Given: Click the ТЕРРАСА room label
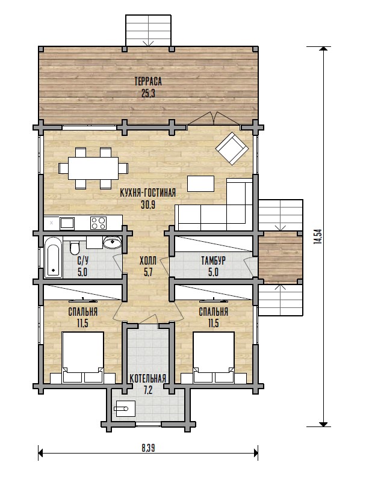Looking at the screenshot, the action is click(x=148, y=81).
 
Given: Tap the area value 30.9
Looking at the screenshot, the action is click(x=148, y=205).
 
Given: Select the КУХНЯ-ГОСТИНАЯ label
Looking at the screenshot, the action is click(x=148, y=193).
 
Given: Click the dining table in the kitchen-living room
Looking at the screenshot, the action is click(x=93, y=168).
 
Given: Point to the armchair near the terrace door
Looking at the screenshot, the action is click(x=232, y=148).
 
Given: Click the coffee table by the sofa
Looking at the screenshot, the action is click(x=201, y=183).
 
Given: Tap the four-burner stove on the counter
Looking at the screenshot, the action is click(x=98, y=223).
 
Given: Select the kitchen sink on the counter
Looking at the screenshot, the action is click(x=67, y=223).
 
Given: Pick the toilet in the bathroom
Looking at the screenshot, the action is click(x=75, y=248).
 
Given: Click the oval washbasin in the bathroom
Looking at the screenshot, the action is click(x=113, y=242).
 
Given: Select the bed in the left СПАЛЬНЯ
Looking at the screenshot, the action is click(x=82, y=357).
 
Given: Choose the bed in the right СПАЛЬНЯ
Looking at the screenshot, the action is click(x=214, y=357).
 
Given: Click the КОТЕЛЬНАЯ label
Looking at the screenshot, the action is click(x=148, y=378).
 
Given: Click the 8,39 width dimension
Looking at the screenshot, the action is click(x=148, y=448).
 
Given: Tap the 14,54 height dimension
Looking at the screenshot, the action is click(x=318, y=236).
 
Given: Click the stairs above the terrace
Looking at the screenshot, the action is click(x=148, y=30).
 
